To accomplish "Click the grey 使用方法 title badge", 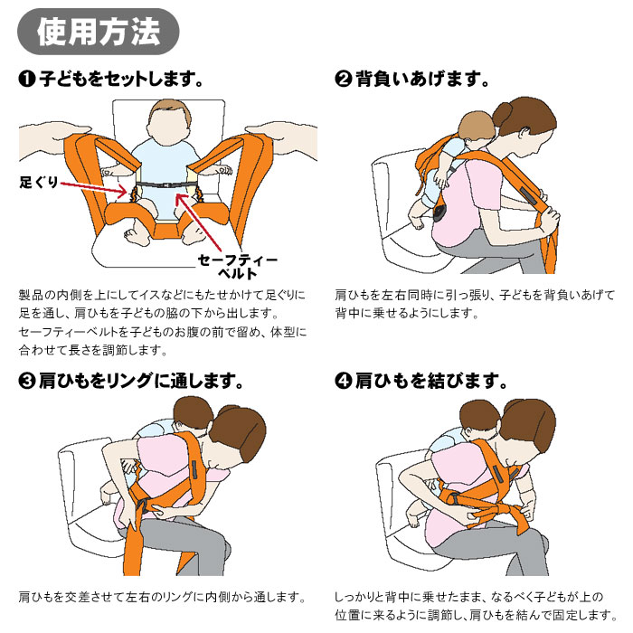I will (99, 32).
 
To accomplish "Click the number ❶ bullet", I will (26, 80).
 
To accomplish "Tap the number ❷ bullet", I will (343, 80).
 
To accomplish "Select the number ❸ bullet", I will (26, 381).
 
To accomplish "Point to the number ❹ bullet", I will (343, 381).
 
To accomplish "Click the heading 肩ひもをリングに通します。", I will (141, 381).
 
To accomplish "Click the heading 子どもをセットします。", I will (118, 80).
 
